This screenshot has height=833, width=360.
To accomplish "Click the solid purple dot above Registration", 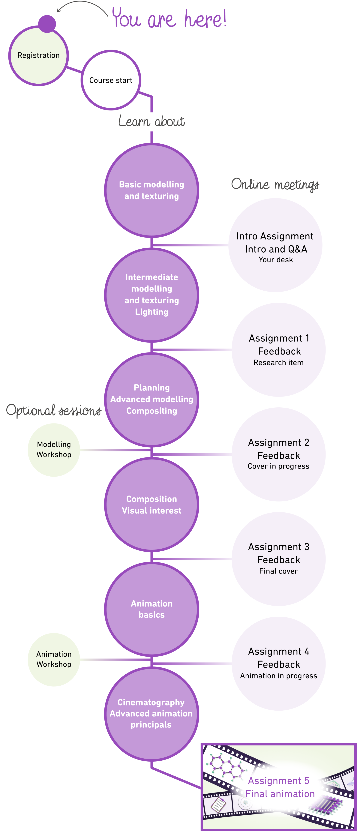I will (x=47, y=24).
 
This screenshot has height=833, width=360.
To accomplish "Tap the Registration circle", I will (x=38, y=56).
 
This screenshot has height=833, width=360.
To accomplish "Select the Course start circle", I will (x=111, y=80).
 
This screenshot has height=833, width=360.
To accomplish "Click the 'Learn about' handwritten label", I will (x=151, y=121).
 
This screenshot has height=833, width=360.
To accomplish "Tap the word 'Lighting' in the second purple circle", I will (x=151, y=312).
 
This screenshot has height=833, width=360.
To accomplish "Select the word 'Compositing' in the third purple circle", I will (x=151, y=411).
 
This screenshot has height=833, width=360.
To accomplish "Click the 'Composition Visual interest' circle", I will (x=151, y=505).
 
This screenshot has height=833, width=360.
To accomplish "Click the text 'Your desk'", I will (x=276, y=260).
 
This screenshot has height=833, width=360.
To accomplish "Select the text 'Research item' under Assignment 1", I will (x=278, y=363).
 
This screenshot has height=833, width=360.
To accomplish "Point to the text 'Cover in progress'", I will (x=278, y=466).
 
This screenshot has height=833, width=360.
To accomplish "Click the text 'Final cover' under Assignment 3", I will (x=278, y=571).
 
